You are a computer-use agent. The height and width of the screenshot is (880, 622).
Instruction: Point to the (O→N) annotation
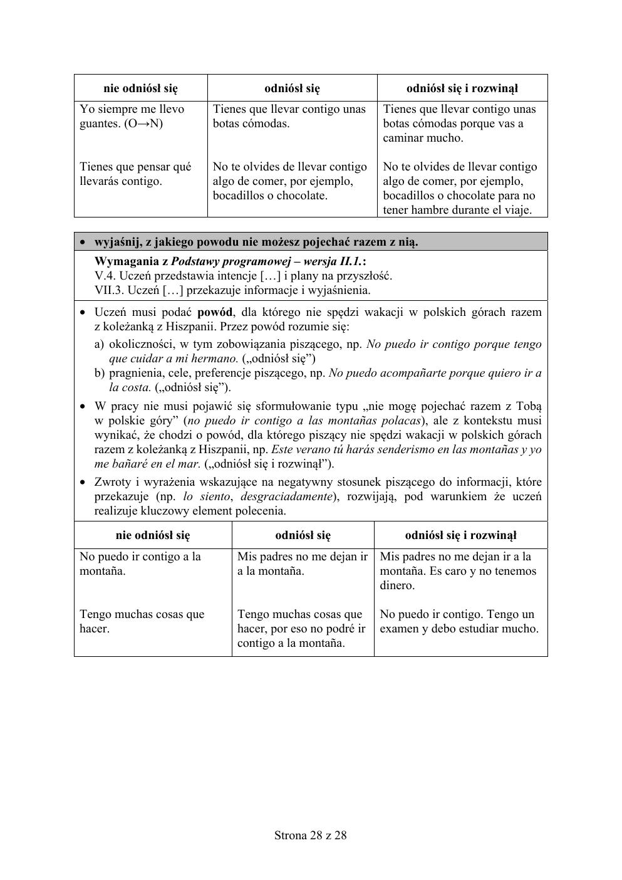click(x=143, y=123)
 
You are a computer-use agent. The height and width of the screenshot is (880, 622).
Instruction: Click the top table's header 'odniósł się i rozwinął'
click(x=462, y=88)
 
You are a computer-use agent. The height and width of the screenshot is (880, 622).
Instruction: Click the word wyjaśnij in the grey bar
click(x=117, y=242)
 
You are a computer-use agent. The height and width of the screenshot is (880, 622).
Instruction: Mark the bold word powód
click(x=214, y=312)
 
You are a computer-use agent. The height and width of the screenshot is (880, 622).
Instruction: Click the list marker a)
click(x=99, y=344)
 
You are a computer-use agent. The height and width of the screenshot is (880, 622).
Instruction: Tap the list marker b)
click(x=99, y=373)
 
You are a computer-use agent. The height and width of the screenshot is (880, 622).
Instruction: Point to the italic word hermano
click(x=217, y=359)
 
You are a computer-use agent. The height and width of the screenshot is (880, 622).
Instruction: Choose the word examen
click(x=402, y=629)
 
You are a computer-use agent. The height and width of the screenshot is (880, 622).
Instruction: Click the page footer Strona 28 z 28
click(x=311, y=835)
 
